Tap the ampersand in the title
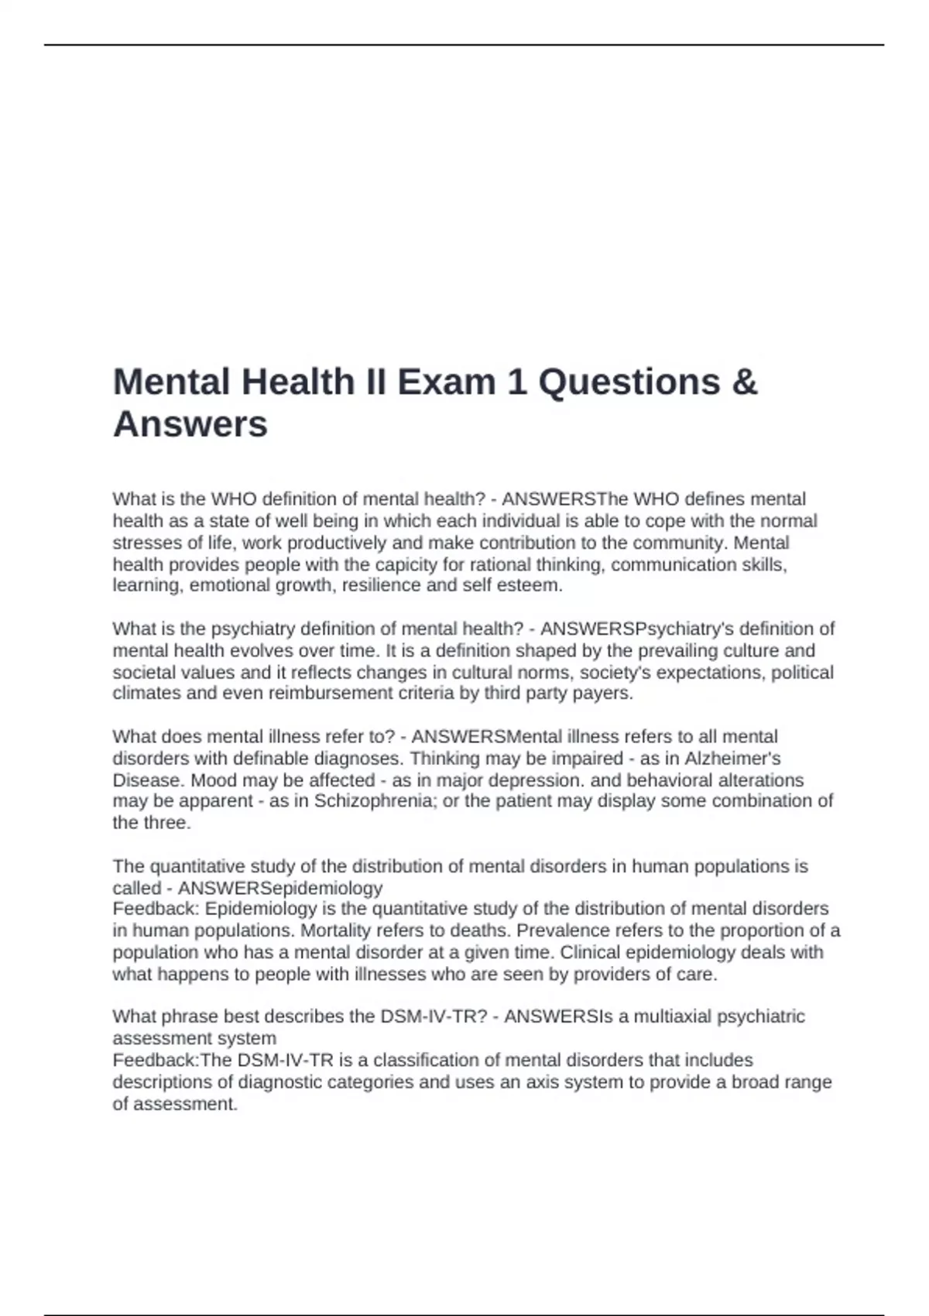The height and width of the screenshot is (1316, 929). click(744, 382)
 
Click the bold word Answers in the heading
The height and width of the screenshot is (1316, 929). click(190, 423)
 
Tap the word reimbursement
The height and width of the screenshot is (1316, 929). click(331, 693)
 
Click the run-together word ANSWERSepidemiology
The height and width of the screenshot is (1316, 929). click(280, 887)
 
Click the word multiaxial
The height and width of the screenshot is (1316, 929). click(673, 1016)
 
